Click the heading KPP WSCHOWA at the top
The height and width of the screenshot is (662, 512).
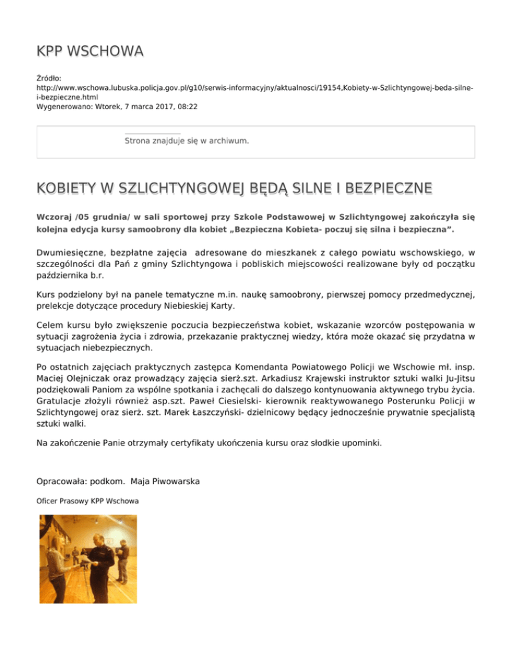click(90, 51)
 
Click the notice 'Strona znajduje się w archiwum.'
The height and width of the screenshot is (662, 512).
click(187, 141)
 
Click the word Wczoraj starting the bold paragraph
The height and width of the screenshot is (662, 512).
click(55, 217)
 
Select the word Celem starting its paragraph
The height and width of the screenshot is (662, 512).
click(49, 324)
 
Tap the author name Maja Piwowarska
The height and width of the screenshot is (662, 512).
click(171, 482)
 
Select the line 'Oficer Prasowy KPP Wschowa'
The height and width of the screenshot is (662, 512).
click(87, 501)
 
